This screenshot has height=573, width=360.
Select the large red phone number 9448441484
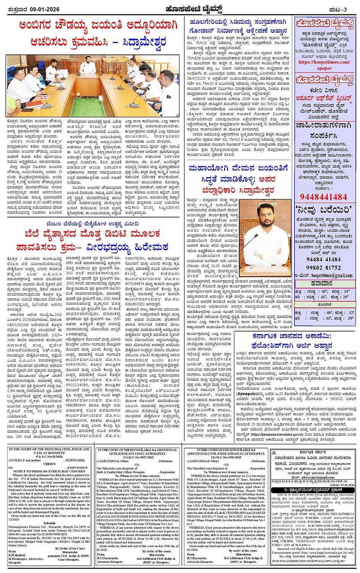(323, 197)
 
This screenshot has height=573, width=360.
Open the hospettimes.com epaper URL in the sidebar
(324, 65)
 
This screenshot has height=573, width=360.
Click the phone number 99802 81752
(323, 267)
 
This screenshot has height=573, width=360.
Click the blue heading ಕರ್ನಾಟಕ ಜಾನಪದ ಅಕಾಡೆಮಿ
(292, 336)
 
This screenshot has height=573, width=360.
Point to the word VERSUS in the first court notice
(49, 464)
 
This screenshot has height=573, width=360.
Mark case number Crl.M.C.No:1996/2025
(226, 457)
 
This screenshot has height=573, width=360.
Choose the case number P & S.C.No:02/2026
(49, 456)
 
